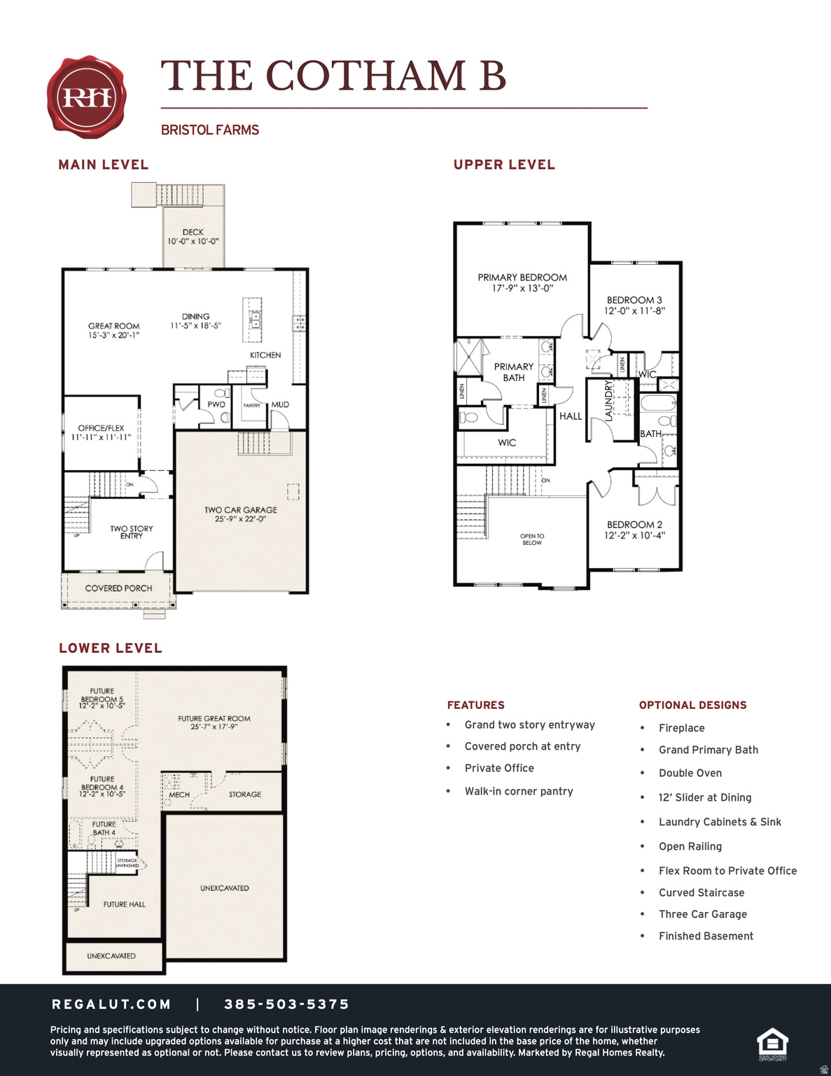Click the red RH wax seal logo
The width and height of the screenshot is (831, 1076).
point(87,97)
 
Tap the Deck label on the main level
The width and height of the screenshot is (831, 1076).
point(193,237)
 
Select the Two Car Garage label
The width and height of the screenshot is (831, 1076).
point(240,514)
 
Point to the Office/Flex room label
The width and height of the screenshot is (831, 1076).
point(101,432)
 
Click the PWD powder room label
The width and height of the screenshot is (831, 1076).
point(216,404)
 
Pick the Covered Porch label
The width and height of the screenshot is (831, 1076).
point(118,588)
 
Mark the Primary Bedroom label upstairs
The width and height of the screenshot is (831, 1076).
point(522,282)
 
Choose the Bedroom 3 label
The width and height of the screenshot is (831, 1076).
point(634,305)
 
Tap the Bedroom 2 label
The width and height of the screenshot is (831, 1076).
point(634,530)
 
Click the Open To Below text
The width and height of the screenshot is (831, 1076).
point(532,539)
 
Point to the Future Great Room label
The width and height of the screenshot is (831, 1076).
point(214,722)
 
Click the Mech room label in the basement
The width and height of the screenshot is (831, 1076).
point(179,794)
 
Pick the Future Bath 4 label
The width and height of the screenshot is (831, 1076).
point(104,828)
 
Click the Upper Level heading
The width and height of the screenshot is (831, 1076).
point(504,165)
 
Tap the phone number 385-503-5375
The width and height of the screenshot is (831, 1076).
point(286,1005)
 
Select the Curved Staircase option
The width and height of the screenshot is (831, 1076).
point(701,892)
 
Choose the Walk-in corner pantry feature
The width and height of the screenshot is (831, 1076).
point(518,791)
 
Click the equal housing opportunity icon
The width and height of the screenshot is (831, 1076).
point(773,1044)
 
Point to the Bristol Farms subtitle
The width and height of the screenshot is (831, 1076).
point(210,130)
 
